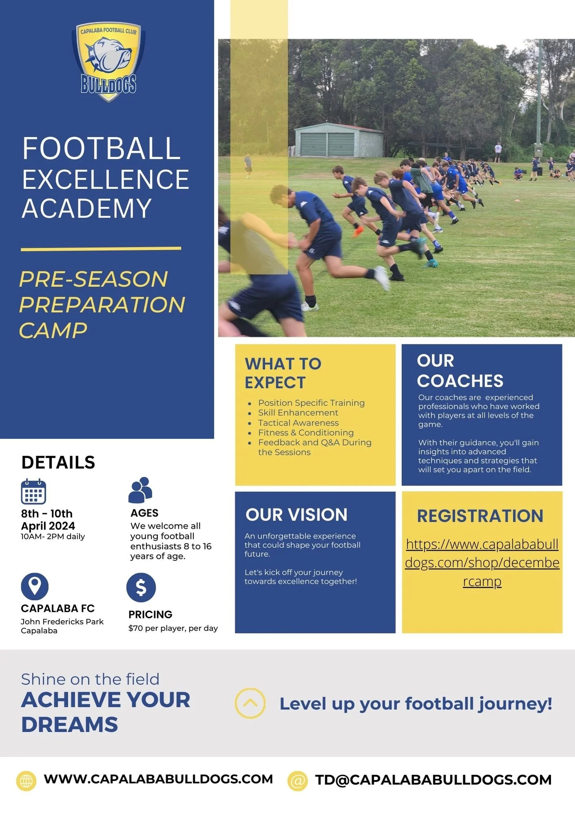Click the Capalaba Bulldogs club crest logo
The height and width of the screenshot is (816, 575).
[x=109, y=61]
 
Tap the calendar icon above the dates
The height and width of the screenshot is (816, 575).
[x=33, y=492]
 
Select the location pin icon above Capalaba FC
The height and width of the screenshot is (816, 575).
[x=35, y=586]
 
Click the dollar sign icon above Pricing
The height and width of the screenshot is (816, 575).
[x=141, y=588]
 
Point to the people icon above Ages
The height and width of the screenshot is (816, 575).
[x=140, y=490]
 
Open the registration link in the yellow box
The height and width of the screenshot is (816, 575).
[x=482, y=563]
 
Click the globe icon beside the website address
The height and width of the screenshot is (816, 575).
[x=26, y=781]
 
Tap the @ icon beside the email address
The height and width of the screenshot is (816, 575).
[x=297, y=781]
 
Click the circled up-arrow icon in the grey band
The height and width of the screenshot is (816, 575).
[x=250, y=703]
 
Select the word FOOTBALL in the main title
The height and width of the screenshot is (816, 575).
[x=101, y=149]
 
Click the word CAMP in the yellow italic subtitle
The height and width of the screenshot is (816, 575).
[x=53, y=330]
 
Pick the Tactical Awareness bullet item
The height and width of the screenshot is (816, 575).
[x=298, y=423]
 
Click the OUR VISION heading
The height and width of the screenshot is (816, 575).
[x=296, y=514]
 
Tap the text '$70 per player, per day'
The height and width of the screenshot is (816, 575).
[x=173, y=628]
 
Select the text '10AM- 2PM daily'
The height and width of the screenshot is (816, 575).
[x=53, y=537]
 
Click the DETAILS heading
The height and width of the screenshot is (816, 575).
[x=58, y=462]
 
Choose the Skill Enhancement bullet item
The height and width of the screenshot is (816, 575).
[x=298, y=412]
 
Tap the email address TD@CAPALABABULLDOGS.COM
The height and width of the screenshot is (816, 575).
[x=433, y=780]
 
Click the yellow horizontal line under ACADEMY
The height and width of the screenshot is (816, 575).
[x=101, y=248]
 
